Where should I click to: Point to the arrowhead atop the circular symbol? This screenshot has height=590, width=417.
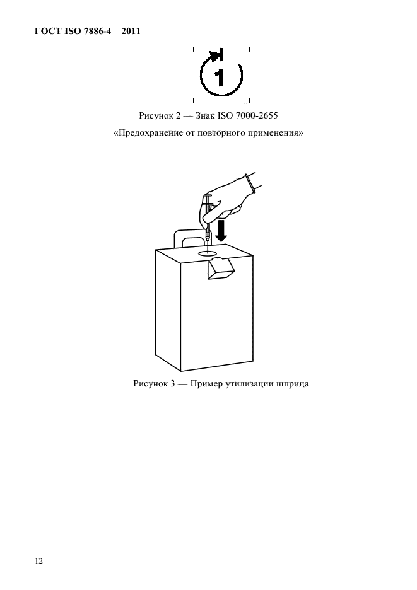click(x=216, y=56)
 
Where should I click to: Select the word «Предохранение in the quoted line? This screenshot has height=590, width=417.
click(x=148, y=133)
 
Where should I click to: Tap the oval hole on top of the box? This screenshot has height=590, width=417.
click(x=208, y=252)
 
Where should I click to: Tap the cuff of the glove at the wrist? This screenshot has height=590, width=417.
click(x=252, y=182)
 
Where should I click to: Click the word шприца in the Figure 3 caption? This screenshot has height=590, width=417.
click(x=292, y=383)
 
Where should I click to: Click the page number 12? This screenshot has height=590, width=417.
click(x=39, y=559)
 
